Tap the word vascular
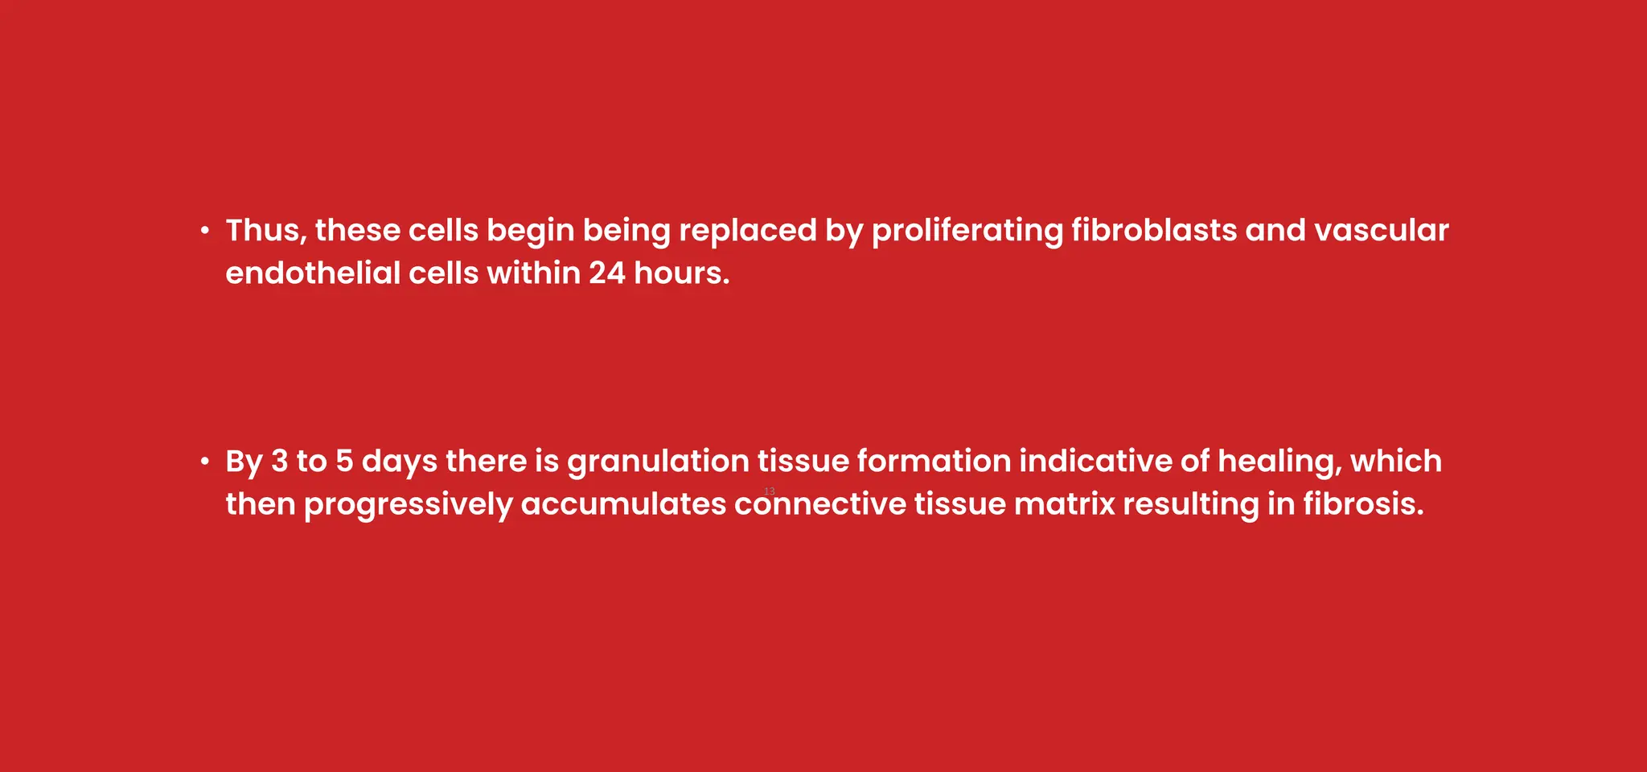point(1381,231)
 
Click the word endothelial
point(313,273)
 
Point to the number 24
point(606,273)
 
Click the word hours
point(681,273)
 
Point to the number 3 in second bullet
point(279,462)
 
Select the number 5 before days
point(344,462)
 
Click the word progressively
point(408,505)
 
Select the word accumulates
point(623,505)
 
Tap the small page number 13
point(769,491)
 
